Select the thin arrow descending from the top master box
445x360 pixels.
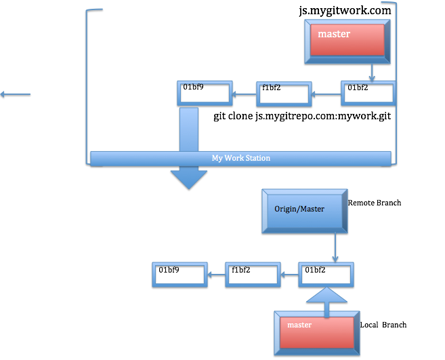(x=372, y=73)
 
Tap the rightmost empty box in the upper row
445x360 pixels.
(x=368, y=94)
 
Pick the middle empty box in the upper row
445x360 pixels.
(x=284, y=94)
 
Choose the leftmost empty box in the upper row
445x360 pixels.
(x=205, y=94)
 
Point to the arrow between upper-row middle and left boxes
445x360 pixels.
(x=245, y=94)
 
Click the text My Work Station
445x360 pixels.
(x=240, y=158)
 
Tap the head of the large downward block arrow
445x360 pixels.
(x=188, y=179)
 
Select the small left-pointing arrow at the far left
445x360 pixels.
(x=15, y=94)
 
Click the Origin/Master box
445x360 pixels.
(x=304, y=211)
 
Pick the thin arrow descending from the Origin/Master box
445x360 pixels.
(x=335, y=248)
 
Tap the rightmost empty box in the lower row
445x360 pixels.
(x=326, y=275)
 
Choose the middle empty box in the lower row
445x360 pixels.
(x=253, y=275)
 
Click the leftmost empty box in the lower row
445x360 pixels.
(x=180, y=275)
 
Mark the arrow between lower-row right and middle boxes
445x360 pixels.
(x=289, y=275)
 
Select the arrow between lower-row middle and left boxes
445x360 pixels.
(x=216, y=275)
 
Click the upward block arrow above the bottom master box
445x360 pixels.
(x=326, y=298)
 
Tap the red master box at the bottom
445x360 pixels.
(x=316, y=333)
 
